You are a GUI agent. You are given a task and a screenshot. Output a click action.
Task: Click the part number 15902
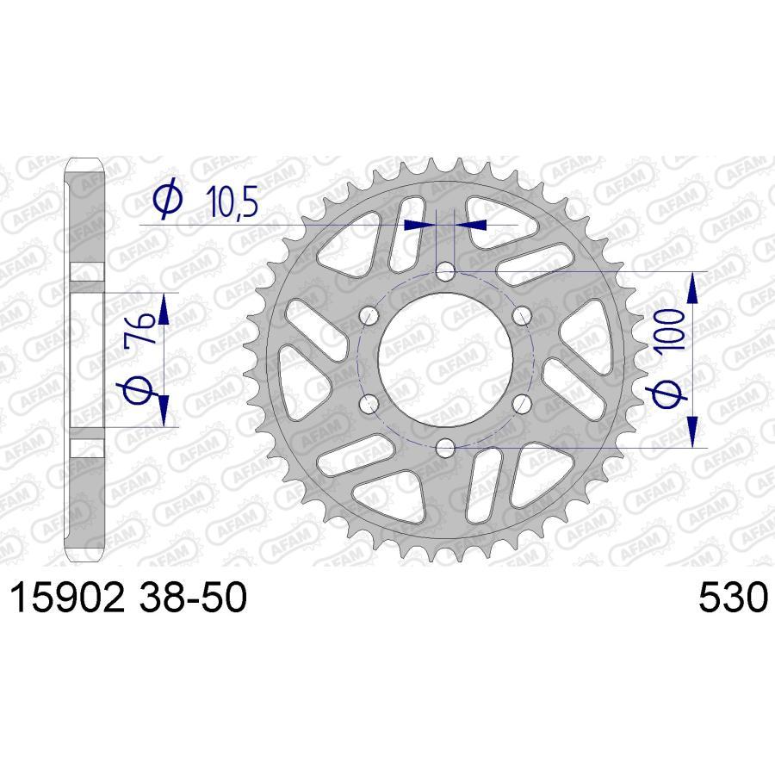click(x=66, y=598)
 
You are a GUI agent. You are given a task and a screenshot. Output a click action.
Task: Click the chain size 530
click(x=731, y=598)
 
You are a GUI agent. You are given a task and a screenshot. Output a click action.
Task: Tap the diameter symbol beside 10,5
click(x=166, y=200)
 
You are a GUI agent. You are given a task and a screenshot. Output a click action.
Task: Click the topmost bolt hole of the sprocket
click(x=445, y=273)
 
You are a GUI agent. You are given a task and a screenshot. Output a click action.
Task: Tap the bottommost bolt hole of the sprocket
click(x=445, y=447)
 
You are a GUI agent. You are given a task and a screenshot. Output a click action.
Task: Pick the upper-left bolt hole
click(x=370, y=316)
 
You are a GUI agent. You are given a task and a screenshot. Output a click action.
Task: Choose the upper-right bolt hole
click(x=520, y=316)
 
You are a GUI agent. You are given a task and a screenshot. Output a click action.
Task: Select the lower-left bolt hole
click(x=370, y=403)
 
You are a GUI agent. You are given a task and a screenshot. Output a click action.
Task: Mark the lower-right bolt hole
click(x=520, y=403)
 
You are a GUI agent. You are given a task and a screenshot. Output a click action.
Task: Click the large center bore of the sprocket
click(x=445, y=360)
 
